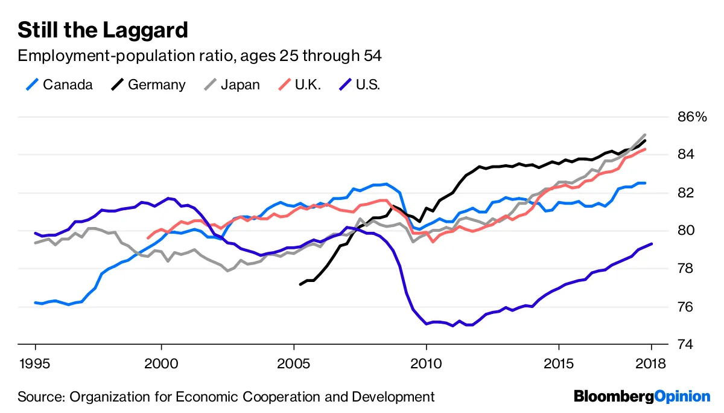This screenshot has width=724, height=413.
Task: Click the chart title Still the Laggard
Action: pos(103,30)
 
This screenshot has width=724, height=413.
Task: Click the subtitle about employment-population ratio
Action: pos(200,56)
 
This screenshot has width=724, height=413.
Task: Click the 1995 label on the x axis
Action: pos(36,364)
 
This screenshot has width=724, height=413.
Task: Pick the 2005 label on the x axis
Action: pos(294,364)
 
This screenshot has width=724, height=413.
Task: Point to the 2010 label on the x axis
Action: pos(426,364)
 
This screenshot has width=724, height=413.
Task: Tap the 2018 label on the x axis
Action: pos(651,364)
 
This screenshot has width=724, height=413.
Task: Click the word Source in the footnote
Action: pos(40,397)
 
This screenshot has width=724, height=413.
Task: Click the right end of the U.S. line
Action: pos(652,244)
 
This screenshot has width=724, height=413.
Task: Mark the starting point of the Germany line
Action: pos(300,284)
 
